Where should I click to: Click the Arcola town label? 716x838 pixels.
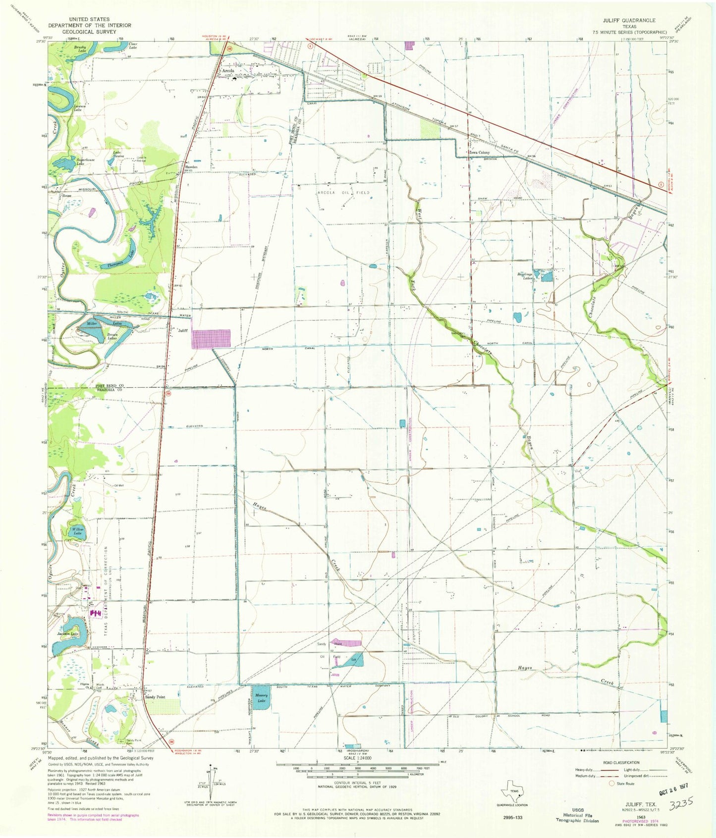click(x=228, y=71)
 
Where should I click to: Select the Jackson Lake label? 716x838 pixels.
click(x=67, y=633)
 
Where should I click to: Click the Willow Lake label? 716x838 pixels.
click(x=77, y=531)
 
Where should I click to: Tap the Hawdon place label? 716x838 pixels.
click(x=191, y=167)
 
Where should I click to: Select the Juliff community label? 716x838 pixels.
click(x=183, y=330)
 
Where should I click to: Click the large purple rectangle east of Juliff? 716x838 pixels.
click(x=212, y=339)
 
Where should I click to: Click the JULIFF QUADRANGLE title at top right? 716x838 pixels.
click(x=629, y=20)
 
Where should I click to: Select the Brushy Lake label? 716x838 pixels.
click(x=80, y=49)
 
